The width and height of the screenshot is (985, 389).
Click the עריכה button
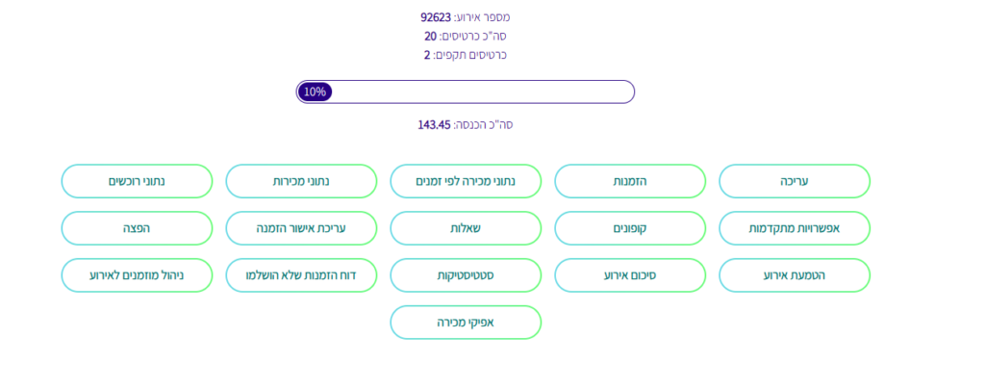click(x=794, y=182)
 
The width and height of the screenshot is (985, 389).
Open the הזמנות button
click(x=629, y=182)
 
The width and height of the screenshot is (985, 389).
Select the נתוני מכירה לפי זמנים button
click(x=466, y=182)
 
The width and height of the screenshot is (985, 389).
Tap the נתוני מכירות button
click(x=301, y=182)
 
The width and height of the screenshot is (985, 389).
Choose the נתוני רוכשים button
click(x=137, y=182)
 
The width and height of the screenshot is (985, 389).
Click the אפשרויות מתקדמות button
click(x=794, y=228)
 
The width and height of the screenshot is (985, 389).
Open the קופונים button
click(x=629, y=228)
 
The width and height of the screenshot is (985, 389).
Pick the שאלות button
click(x=466, y=228)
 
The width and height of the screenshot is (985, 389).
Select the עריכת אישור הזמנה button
click(x=301, y=228)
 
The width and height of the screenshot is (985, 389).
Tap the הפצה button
click(x=137, y=228)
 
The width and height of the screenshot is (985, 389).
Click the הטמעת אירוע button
click(x=794, y=275)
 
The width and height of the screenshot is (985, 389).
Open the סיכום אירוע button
click(x=629, y=275)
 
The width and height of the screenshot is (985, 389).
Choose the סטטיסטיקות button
click(x=466, y=275)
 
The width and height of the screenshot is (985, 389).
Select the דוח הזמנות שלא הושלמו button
click(x=301, y=275)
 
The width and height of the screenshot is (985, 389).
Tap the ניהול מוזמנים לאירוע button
click(x=137, y=275)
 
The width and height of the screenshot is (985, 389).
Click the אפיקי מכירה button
click(x=466, y=323)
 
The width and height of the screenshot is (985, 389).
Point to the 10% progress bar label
click(x=315, y=91)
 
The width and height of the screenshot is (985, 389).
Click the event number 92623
click(x=436, y=17)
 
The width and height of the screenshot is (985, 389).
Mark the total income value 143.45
click(x=434, y=124)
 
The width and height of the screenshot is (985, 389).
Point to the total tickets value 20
click(x=430, y=36)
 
